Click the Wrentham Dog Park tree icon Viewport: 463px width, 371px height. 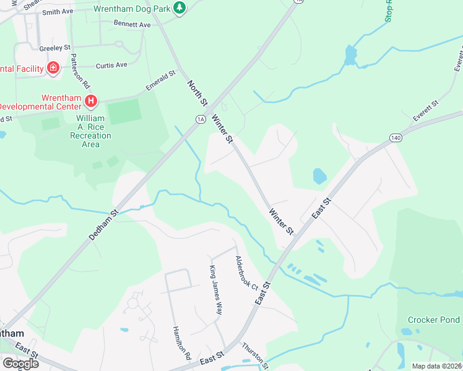click(x=180, y=9)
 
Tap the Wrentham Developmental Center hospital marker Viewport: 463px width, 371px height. click(x=91, y=100)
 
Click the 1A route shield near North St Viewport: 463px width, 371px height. click(x=200, y=120)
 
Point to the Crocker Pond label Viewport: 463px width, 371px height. click(x=433, y=320)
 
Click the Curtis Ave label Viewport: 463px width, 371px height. click(x=111, y=65)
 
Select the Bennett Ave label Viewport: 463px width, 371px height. click(x=132, y=25)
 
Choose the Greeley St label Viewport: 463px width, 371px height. click(x=55, y=47)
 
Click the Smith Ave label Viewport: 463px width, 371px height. click(x=58, y=11)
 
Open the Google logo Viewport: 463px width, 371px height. click(x=20, y=363)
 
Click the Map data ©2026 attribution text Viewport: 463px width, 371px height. click(x=436, y=366)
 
